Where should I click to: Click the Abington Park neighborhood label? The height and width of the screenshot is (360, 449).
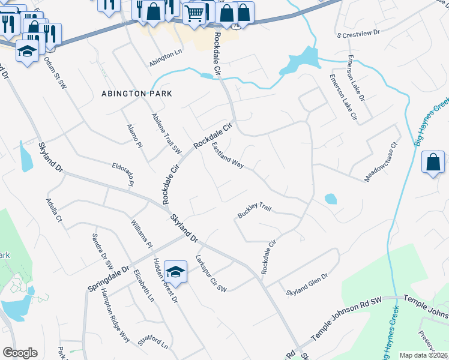pos(137,94)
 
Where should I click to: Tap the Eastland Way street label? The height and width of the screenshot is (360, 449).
pos(227,155)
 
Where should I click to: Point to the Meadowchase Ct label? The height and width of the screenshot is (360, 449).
pos(382,163)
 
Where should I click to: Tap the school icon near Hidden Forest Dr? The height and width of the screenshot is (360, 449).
pos(175,272)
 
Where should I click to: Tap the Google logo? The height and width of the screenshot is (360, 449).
pos(20,353)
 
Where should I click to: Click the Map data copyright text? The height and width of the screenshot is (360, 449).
pos(423,355)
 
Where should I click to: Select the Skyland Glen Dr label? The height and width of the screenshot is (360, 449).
pos(308,284)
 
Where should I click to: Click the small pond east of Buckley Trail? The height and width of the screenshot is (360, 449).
pos(331,199)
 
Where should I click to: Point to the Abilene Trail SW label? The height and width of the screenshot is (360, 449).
pos(166,133)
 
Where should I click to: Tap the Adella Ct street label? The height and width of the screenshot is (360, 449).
pos(54,211)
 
